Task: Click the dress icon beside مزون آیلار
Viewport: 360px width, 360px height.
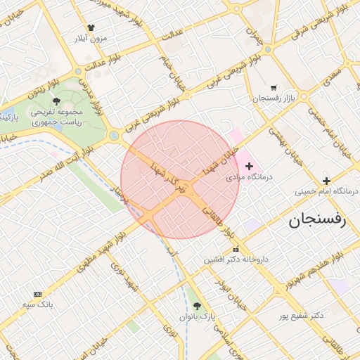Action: point(91,27)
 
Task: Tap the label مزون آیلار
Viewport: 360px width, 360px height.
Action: point(91,39)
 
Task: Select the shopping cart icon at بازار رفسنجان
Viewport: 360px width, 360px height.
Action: point(273,88)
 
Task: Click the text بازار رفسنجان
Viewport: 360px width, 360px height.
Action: point(271,98)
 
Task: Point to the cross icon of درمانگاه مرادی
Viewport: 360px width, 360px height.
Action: point(249,165)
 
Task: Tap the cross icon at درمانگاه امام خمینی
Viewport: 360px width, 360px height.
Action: point(326,180)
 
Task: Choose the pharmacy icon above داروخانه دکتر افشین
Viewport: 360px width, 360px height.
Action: point(235,249)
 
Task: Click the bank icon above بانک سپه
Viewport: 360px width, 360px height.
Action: point(37,294)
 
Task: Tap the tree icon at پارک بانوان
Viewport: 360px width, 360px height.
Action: point(196,306)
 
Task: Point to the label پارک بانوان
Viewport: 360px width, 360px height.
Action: point(196,317)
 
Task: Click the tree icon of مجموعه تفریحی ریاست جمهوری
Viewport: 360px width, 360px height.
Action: point(56,101)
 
